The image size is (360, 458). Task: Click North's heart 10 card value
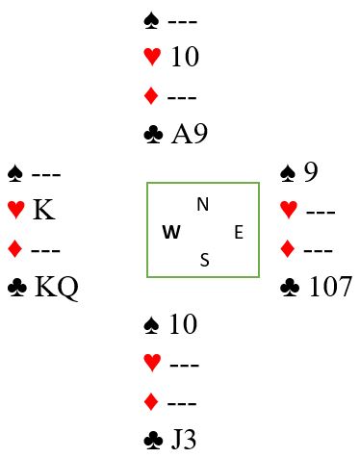(185, 57)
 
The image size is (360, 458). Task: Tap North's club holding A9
(190, 134)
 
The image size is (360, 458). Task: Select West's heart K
(44, 210)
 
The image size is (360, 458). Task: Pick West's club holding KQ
(56, 288)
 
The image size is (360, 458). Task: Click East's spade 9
(311, 172)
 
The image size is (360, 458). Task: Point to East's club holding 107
(330, 287)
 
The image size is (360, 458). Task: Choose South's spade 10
(183, 324)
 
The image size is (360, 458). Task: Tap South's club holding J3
(184, 440)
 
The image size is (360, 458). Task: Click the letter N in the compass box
(203, 204)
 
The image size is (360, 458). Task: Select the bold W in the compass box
(171, 232)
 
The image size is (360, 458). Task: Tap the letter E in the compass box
(239, 232)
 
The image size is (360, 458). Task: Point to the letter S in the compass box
(205, 260)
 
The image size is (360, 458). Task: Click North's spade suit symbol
(151, 20)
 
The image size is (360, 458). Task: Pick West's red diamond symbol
(14, 249)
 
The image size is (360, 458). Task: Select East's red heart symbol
(289, 210)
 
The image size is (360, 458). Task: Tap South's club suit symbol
(153, 441)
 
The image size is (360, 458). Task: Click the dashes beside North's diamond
(182, 97)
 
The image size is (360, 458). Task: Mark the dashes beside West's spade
(46, 175)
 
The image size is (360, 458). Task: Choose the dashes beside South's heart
(184, 365)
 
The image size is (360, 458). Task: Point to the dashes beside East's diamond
(318, 250)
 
